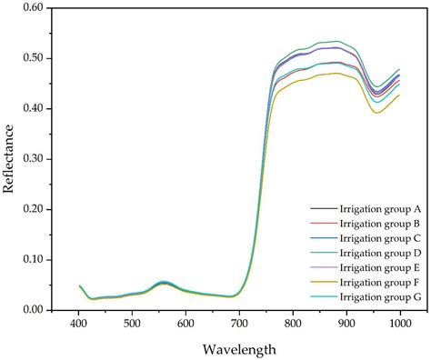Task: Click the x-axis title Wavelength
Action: [240, 348]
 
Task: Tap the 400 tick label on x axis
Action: [78, 324]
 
